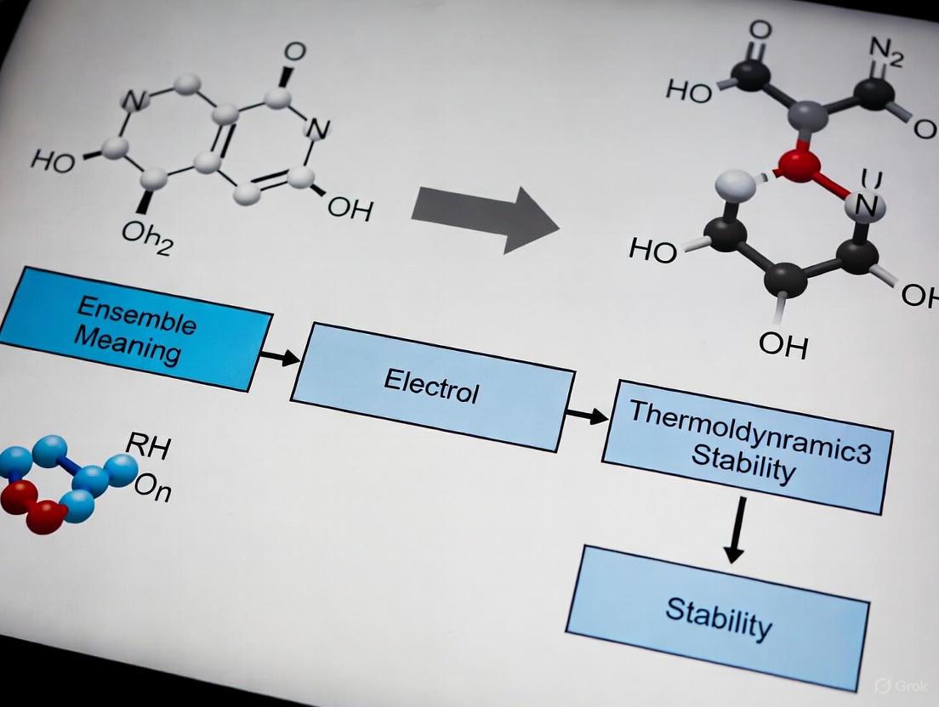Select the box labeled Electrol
tap(431, 387)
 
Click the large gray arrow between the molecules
tap(485, 217)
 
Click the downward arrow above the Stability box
tap(737, 529)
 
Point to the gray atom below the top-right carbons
tap(805, 114)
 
